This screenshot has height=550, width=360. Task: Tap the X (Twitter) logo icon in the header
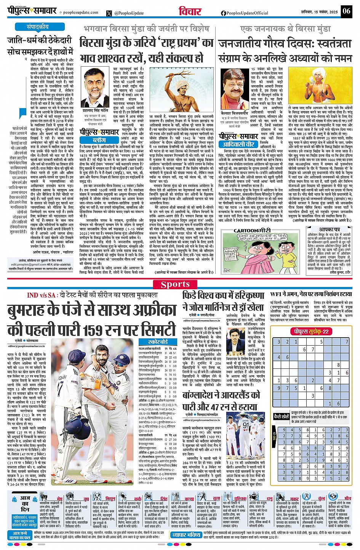(x=110, y=13)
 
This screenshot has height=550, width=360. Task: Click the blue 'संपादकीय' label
(x=37, y=27)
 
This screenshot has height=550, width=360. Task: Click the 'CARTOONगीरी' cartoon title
(x=252, y=230)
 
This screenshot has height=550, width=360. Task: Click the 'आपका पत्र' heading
(x=329, y=230)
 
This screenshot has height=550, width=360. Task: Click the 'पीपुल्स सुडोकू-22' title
(x=310, y=332)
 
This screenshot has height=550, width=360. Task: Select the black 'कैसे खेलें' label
(x=282, y=417)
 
